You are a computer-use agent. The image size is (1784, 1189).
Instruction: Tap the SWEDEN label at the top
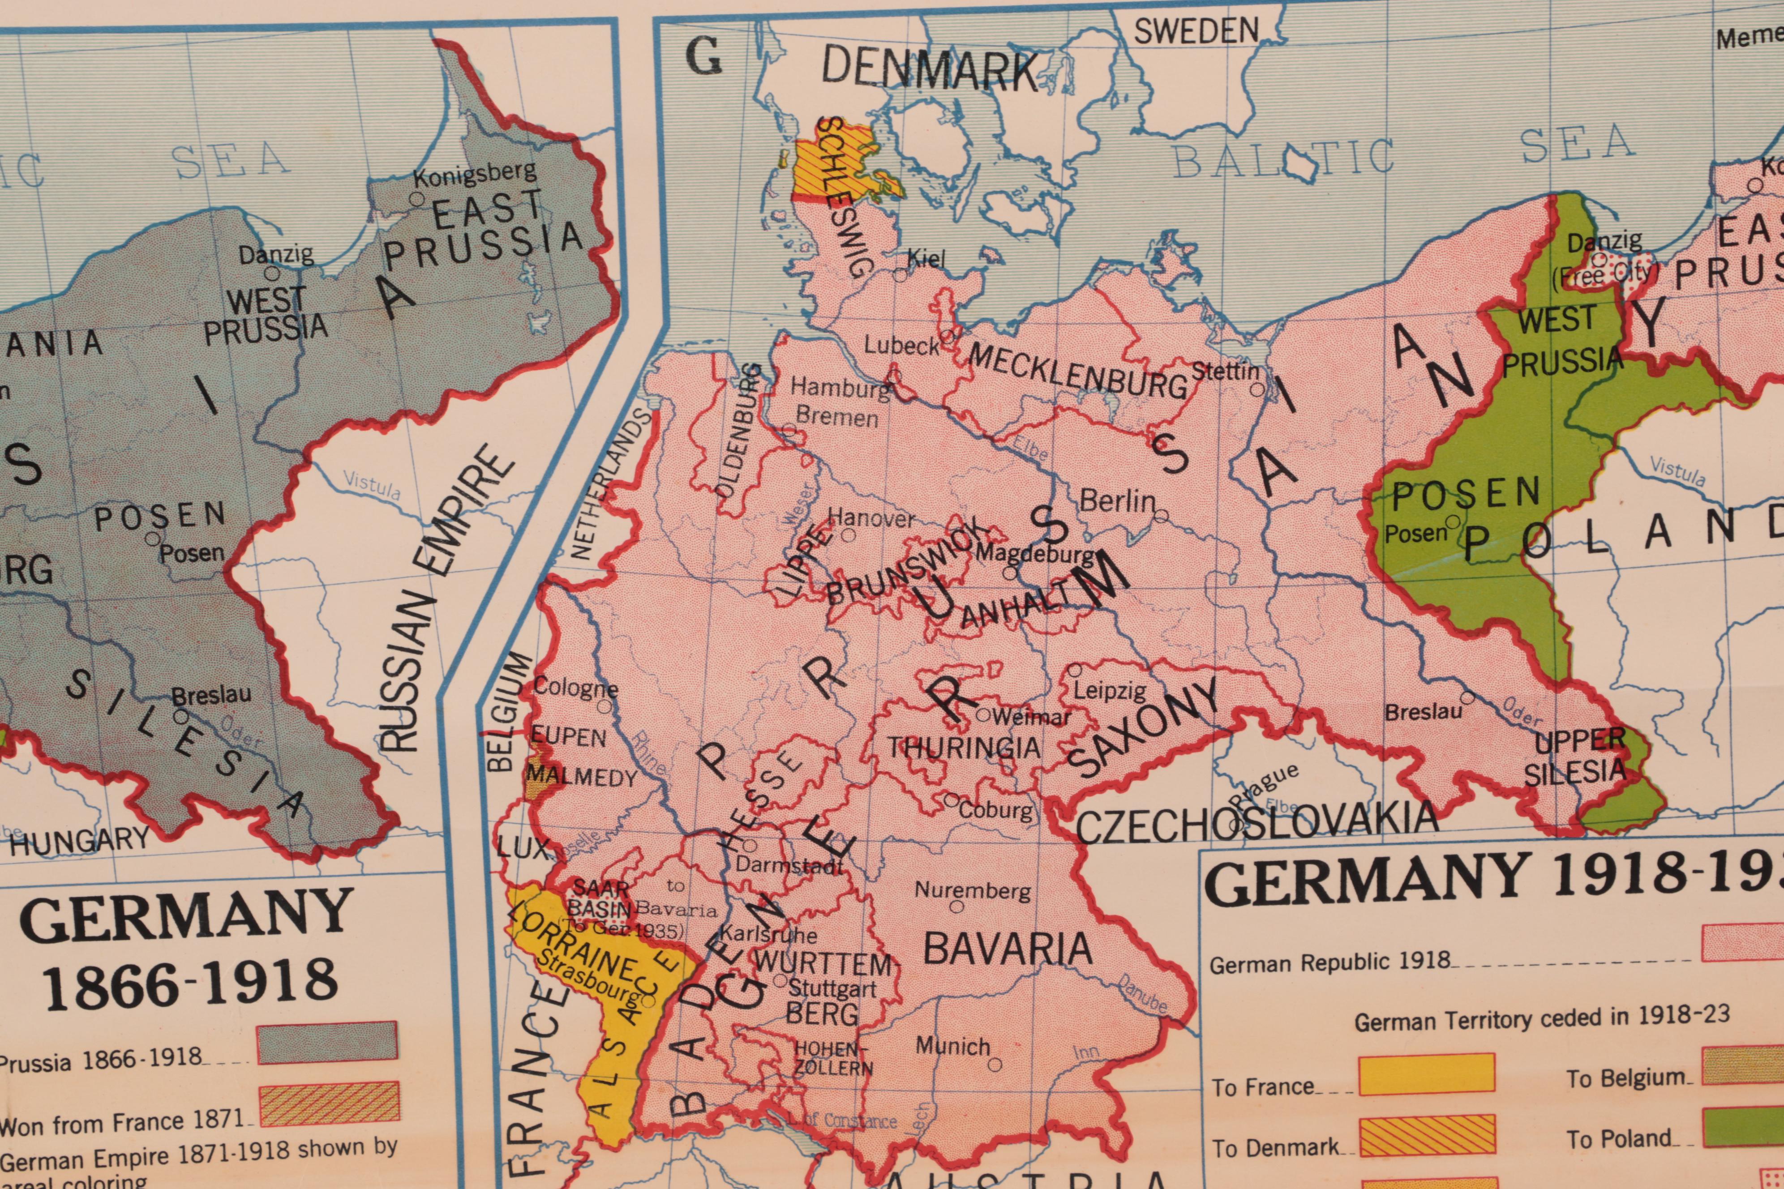pyautogui.click(x=1196, y=31)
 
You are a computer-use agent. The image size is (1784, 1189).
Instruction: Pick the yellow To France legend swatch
pyautogui.click(x=1427, y=1074)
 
